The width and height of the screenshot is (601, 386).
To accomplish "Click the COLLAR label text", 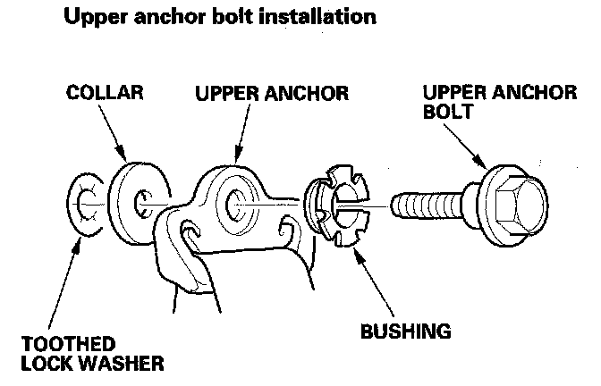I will pos(104,93).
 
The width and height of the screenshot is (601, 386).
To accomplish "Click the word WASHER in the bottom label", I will pos(123,365).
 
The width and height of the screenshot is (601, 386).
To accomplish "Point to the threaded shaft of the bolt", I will pos(426,205).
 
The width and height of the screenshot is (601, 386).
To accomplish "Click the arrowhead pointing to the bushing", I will pos(355,251).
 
